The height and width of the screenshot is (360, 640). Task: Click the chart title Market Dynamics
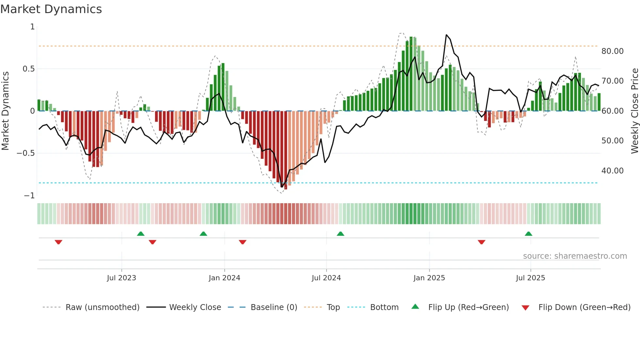[51, 9]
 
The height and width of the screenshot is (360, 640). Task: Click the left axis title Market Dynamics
[5, 111]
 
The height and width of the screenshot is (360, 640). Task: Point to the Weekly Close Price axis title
[634, 111]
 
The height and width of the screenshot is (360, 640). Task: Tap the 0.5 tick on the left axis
[28, 69]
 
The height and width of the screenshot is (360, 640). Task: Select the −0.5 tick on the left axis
[26, 153]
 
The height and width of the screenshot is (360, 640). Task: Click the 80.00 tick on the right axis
[612, 51]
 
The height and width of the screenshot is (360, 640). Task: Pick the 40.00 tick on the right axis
[612, 171]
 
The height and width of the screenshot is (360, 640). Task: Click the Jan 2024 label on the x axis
[224, 278]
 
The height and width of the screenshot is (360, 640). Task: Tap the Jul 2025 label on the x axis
[530, 278]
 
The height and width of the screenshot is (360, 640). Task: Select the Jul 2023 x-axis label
[121, 278]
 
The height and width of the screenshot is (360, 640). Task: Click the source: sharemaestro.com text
[575, 256]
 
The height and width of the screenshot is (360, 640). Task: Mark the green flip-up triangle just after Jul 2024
[340, 234]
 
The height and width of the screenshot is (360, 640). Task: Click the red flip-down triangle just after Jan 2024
[242, 242]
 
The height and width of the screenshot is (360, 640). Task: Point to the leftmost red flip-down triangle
[58, 242]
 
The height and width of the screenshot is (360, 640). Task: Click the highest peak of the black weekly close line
[446, 35]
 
